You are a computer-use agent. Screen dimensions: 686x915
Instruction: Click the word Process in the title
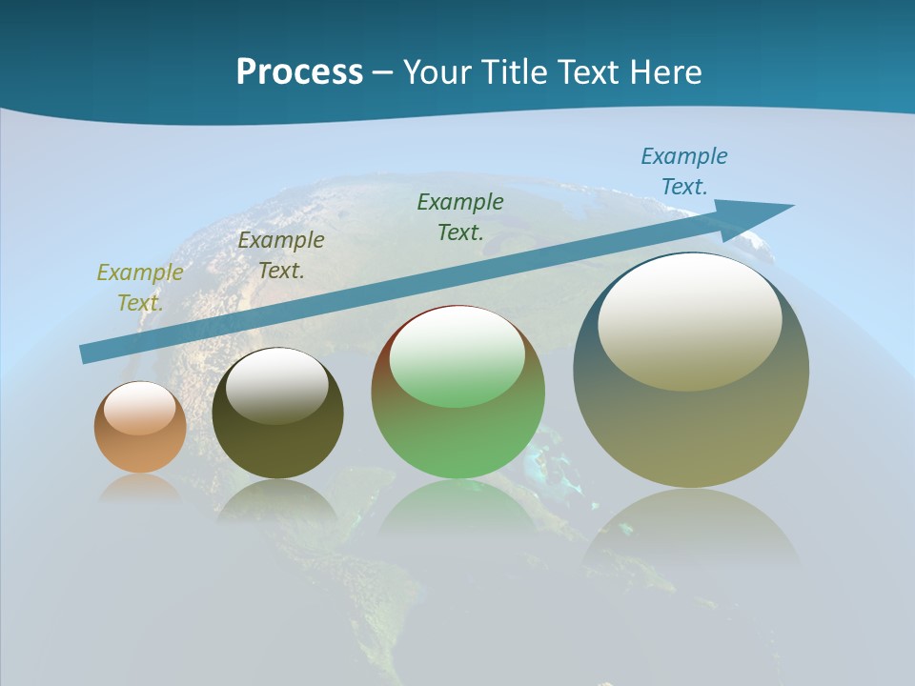pyautogui.click(x=299, y=72)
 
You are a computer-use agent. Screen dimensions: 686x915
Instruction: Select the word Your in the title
pyautogui.click(x=437, y=72)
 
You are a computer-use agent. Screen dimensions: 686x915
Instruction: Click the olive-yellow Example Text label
pyautogui.click(x=140, y=288)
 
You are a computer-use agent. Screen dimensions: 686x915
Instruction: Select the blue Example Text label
pyautogui.click(x=683, y=171)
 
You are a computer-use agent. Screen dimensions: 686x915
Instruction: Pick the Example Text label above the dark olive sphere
pyautogui.click(x=281, y=255)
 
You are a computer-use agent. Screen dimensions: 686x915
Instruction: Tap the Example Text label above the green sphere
pyautogui.click(x=460, y=216)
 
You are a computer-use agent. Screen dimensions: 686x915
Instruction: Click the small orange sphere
pyautogui.click(x=140, y=448)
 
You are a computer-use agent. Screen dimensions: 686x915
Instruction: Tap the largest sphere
pyautogui.click(x=691, y=429)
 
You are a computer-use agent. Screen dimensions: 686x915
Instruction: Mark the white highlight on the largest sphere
pyautogui.click(x=689, y=322)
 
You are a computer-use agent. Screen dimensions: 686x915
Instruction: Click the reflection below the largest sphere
pyautogui.click(x=691, y=534)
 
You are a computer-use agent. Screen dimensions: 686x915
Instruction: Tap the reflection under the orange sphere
pyautogui.click(x=140, y=487)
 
